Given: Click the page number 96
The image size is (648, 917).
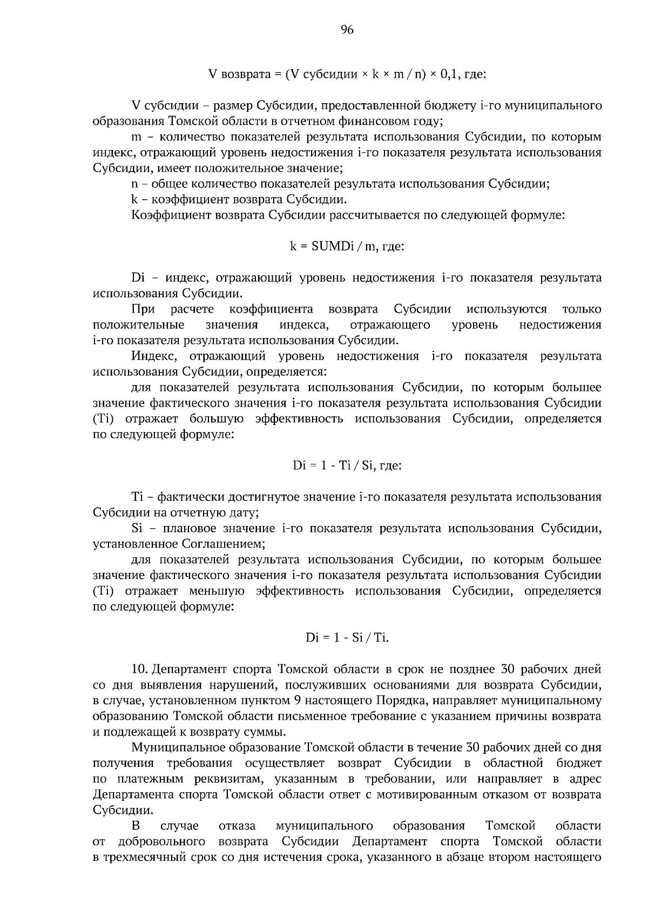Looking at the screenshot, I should (347, 31).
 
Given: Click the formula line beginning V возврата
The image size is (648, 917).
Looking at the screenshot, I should (347, 74).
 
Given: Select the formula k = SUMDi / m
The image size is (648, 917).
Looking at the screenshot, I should (347, 247).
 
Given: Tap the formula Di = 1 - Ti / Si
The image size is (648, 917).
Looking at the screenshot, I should (347, 466).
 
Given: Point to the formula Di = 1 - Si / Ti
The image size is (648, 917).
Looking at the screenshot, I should (347, 638).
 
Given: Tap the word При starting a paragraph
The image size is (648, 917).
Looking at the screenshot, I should (143, 309).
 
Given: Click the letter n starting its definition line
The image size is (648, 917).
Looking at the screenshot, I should (134, 184).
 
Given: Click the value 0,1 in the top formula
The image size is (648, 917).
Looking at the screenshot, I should (449, 74).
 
